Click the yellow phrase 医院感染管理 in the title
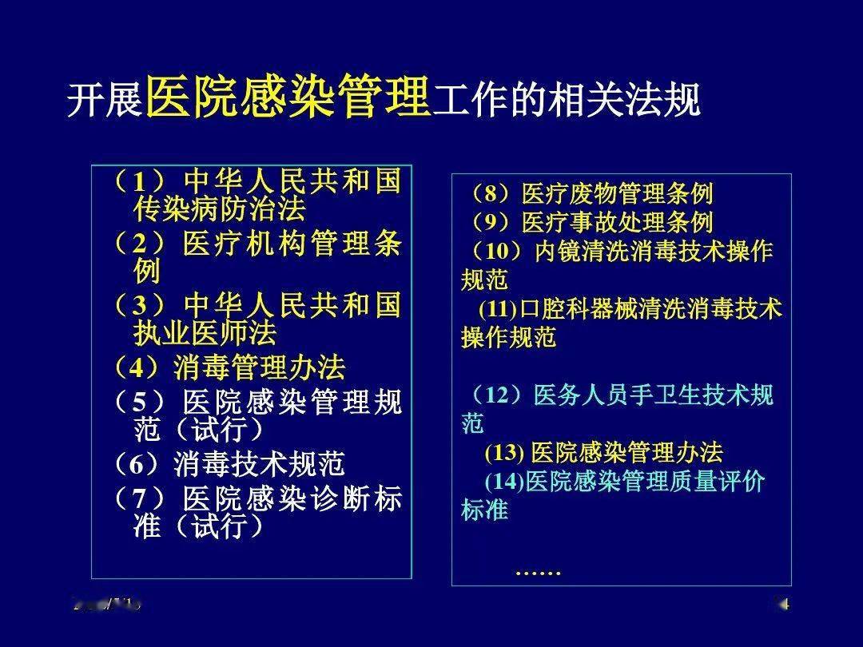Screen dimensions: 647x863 coord(288,99)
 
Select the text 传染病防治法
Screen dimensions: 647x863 coord(220,210)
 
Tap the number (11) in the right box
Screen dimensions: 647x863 coord(499,309)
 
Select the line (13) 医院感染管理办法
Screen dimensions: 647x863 coord(603,453)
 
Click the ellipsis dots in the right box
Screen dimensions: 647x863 coord(539,571)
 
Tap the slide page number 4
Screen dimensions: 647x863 coord(784,605)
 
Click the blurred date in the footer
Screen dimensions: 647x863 coord(107,605)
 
